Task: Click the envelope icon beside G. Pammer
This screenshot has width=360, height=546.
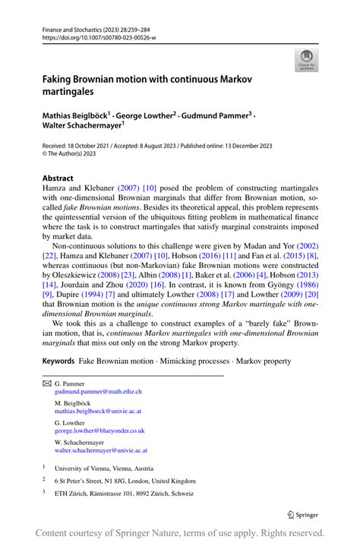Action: click(x=46, y=383)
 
